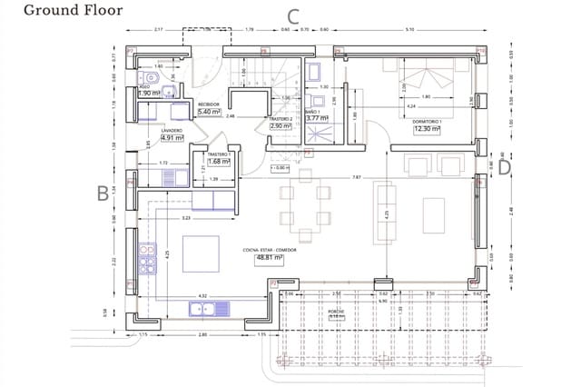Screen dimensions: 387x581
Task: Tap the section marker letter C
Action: pyautogui.click(x=293, y=15)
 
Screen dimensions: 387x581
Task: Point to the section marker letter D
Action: pyautogui.click(x=505, y=166)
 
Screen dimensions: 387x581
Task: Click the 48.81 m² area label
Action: pyautogui.click(x=269, y=258)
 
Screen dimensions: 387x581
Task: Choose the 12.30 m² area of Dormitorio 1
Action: pyautogui.click(x=427, y=129)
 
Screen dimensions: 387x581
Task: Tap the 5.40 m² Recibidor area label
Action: pyautogui.click(x=210, y=112)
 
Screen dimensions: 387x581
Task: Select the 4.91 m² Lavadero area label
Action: pyautogui.click(x=172, y=138)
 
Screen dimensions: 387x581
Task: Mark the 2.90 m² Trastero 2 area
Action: pyautogui.click(x=280, y=126)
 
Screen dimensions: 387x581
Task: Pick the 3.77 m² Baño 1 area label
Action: pyautogui.click(x=316, y=118)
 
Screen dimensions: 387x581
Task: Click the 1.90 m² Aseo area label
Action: pyautogui.click(x=149, y=93)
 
